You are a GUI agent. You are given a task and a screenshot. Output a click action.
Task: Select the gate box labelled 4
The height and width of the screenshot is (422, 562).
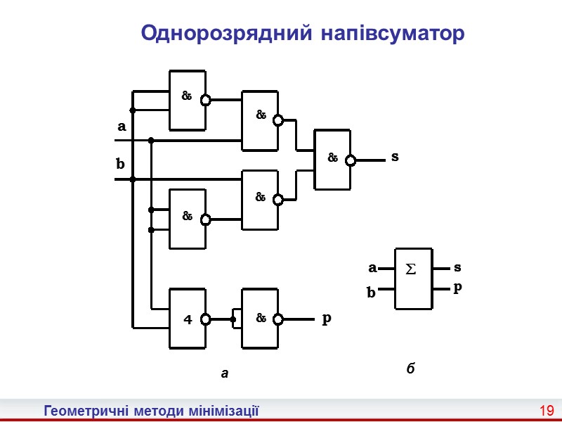click(x=188, y=319)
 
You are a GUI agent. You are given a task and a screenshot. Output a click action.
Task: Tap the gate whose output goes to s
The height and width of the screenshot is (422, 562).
click(x=332, y=160)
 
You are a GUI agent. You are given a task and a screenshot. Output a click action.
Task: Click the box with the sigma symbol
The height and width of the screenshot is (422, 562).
click(x=412, y=279)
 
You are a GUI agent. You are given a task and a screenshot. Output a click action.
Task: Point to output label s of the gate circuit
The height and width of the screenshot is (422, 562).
click(x=395, y=158)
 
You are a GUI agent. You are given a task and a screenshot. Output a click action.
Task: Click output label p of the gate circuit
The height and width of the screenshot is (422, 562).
click(x=326, y=319)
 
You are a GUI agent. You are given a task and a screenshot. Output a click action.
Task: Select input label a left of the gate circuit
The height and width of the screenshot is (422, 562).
click(x=121, y=127)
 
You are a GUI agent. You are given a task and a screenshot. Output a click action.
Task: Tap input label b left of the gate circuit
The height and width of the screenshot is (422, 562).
click(x=120, y=165)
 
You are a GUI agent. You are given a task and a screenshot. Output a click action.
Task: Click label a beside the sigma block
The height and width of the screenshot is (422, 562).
click(x=372, y=268)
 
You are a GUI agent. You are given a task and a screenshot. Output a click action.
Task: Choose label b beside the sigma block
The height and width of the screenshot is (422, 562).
click(x=372, y=292)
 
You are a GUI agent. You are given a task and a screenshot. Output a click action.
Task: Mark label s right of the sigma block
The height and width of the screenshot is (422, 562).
click(x=457, y=267)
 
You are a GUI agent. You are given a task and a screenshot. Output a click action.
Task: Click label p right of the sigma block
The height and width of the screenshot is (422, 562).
click(x=457, y=288)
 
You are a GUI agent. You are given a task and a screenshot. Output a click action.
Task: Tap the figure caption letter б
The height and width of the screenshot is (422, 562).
click(x=412, y=368)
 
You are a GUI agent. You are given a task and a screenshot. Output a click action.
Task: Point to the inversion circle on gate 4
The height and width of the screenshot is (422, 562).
click(x=206, y=319)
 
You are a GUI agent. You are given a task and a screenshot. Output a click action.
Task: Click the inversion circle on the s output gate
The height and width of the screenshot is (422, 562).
click(x=351, y=160)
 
